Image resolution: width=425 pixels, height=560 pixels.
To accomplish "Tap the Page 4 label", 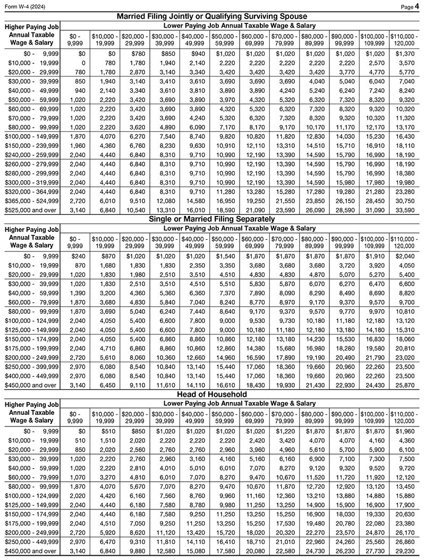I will click(412, 5).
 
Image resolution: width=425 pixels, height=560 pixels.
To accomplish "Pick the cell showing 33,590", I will click(407, 211).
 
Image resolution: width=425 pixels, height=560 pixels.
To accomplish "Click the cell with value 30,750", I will click(407, 202).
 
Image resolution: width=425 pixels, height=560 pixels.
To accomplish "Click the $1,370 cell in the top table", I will click(407, 54).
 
